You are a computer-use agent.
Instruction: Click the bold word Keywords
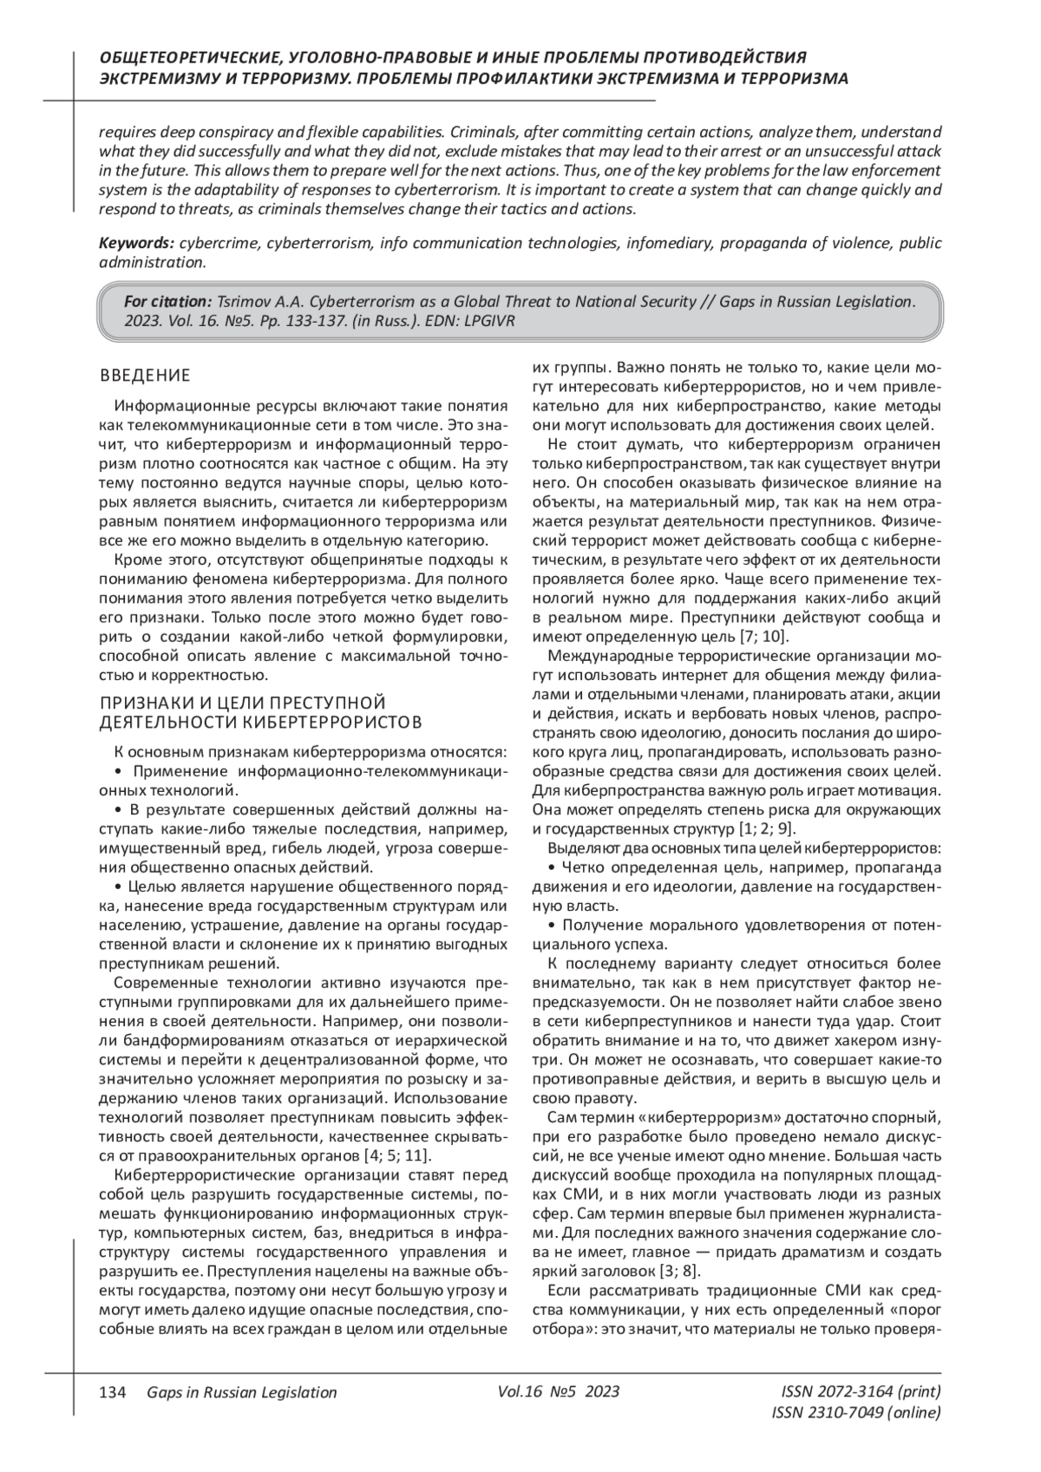[134, 244]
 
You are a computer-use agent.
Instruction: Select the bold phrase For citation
[168, 302]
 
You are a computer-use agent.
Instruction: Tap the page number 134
[114, 1392]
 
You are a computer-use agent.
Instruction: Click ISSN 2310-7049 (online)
[855, 1413]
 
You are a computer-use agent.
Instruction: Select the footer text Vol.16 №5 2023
[559, 1392]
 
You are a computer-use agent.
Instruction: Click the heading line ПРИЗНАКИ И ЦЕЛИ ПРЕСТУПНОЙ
[242, 702]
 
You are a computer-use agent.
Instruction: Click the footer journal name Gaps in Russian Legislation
[242, 1392]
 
